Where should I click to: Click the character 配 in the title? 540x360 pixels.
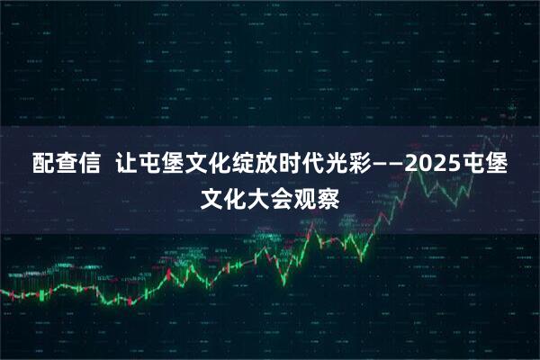(x=43, y=166)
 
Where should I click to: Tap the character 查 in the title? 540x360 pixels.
(x=67, y=166)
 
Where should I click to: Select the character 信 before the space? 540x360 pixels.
(x=90, y=166)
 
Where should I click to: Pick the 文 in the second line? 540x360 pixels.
(x=211, y=196)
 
